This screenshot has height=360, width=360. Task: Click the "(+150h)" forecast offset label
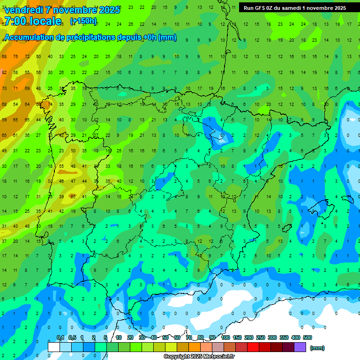pyautogui.click(x=83, y=21)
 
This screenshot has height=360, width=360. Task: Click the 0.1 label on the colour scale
pyautogui.click(x=60, y=337)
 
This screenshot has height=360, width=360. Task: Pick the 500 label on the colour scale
pyautogui.click(x=307, y=337)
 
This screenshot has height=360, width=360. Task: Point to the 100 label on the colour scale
pyautogui.click(x=225, y=337)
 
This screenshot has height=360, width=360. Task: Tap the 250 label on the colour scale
pyautogui.click(x=261, y=337)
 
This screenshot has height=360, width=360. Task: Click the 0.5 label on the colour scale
pyautogui.click(x=72, y=337)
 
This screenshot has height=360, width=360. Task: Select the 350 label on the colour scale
pyautogui.click(x=284, y=337)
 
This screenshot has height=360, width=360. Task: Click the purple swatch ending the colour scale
pyautogui.click(x=300, y=347)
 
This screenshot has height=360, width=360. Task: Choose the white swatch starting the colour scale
pyautogui.click(x=54, y=347)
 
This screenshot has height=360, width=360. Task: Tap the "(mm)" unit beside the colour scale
pyautogui.click(x=317, y=348)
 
